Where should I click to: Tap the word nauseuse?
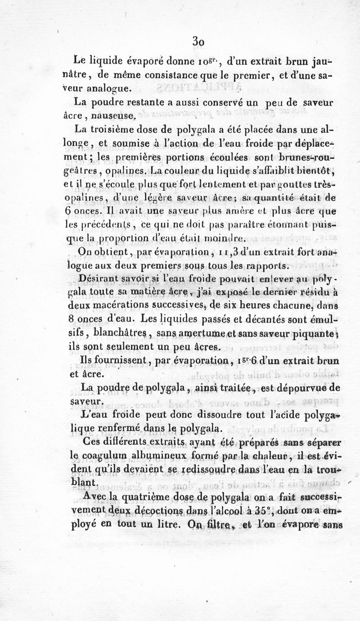[x=110, y=116]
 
